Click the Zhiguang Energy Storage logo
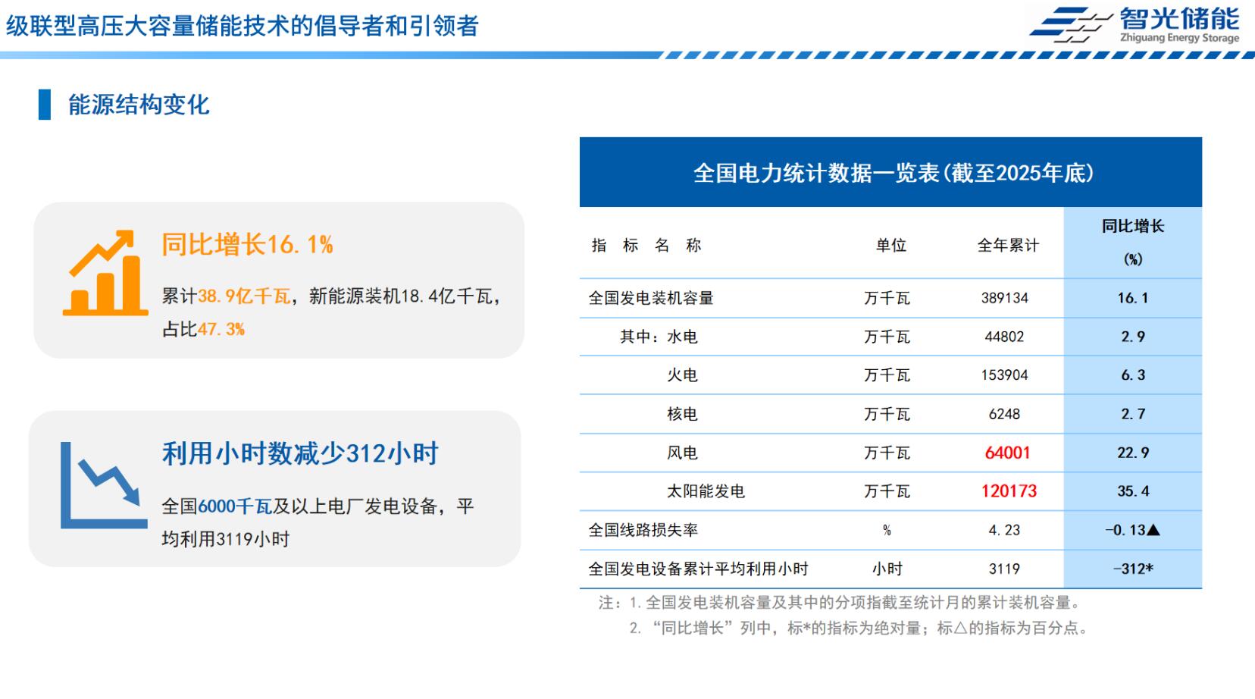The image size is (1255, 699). [x=1134, y=25]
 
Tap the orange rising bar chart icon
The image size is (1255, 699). [x=105, y=273]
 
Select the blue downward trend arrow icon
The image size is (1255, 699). [x=105, y=485]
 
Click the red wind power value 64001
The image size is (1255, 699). [x=1007, y=453]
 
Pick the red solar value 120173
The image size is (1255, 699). [x=1009, y=491]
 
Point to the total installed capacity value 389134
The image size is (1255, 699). [x=1005, y=298]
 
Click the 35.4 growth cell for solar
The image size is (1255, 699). [x=1133, y=491]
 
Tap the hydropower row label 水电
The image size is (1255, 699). [x=682, y=337]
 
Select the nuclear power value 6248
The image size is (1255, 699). [x=1005, y=414]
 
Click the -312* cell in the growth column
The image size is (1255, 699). [x=1133, y=569]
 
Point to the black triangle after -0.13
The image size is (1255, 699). [x=1153, y=530]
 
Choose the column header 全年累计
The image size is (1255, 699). [x=1008, y=245]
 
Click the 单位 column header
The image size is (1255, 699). [x=890, y=245]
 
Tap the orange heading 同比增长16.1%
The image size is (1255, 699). [x=247, y=244]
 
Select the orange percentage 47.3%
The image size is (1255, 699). [x=221, y=329]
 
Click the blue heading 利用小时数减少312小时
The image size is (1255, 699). [x=300, y=453]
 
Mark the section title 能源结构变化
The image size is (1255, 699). [x=139, y=105]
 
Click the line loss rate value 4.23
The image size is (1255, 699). [x=1004, y=530]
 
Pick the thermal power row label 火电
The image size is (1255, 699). [x=682, y=375]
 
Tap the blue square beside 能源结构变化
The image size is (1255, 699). [x=44, y=105]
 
